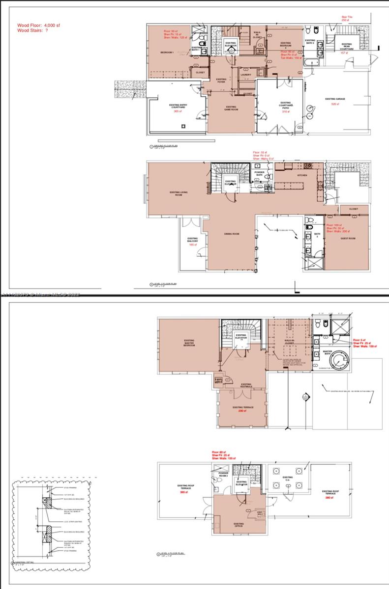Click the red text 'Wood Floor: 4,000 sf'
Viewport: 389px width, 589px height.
click(x=39, y=25)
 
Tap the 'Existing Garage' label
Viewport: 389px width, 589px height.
click(x=335, y=99)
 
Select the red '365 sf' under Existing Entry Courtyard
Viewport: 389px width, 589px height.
click(x=178, y=111)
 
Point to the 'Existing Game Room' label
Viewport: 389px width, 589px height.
click(x=231, y=108)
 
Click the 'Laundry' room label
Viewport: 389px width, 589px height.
click(x=246, y=75)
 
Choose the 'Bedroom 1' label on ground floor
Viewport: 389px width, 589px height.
click(x=167, y=52)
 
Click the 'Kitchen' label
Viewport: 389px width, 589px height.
click(x=302, y=175)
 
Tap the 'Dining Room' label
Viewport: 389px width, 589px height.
click(x=232, y=234)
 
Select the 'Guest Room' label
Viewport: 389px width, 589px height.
click(x=348, y=239)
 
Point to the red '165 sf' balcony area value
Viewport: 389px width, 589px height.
click(x=193, y=244)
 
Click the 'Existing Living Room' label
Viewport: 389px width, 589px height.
click(x=176, y=193)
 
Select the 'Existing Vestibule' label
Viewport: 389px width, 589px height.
click(x=246, y=386)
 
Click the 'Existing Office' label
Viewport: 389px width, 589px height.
click(x=239, y=525)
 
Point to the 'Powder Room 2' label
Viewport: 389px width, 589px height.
click(x=224, y=475)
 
